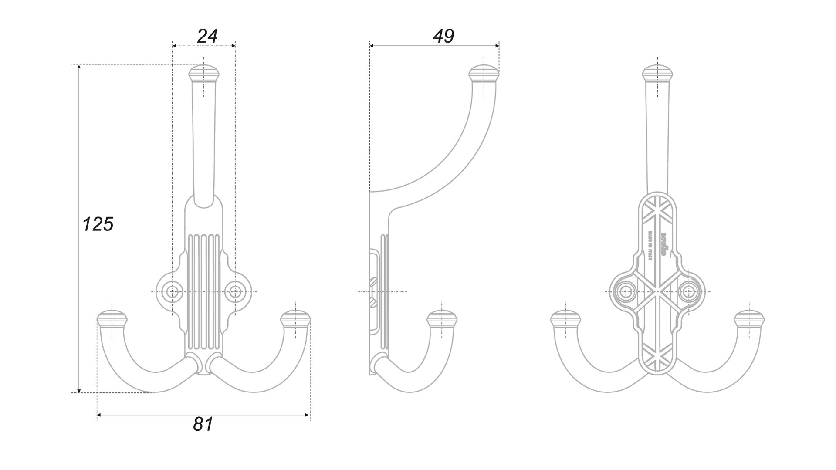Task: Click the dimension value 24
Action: coord(207,36)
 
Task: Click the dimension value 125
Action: coord(98,224)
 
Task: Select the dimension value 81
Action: coord(203,424)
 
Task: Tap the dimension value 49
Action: coord(443,36)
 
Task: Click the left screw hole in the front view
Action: coord(173,291)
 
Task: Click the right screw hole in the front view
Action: coord(235,291)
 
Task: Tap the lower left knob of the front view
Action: coord(112,319)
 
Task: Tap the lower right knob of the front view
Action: coord(296,319)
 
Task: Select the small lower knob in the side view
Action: coord(442,319)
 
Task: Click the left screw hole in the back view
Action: coord(627,291)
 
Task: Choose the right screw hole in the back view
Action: coord(689,291)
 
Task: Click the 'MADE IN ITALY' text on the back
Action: coord(650,252)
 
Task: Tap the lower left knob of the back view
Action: coord(566,319)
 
